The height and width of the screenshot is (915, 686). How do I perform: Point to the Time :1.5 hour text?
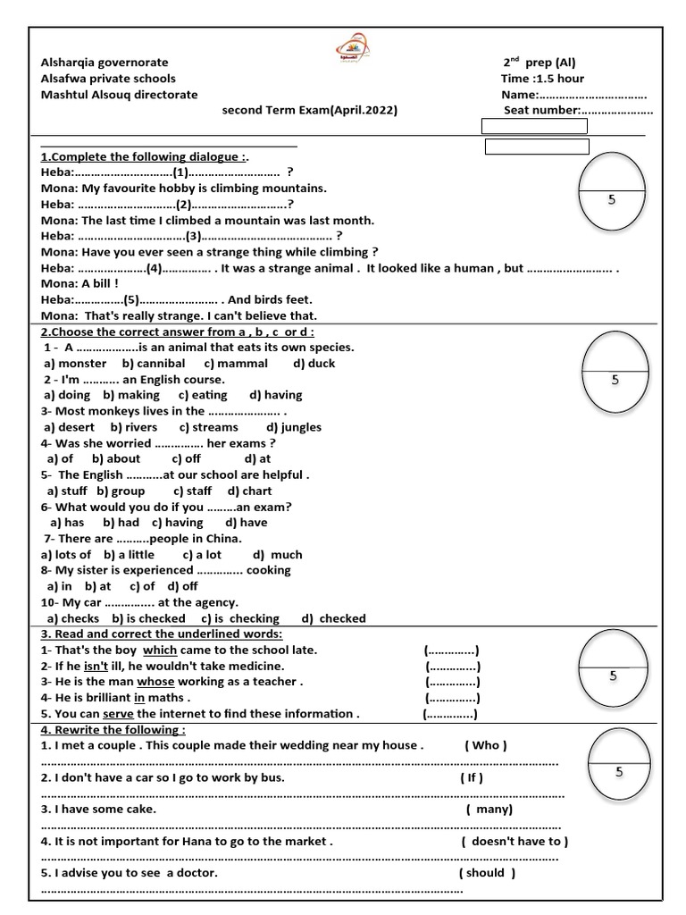(542, 79)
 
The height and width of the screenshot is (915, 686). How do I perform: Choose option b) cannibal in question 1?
(154, 364)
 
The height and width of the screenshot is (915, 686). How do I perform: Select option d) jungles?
(294, 427)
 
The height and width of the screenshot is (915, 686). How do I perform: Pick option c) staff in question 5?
(192, 491)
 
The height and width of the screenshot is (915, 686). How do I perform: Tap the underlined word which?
(160, 650)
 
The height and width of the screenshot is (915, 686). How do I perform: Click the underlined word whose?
(155, 682)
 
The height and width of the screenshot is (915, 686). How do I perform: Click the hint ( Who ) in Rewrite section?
(486, 745)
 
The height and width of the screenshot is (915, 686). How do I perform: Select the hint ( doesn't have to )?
(514, 841)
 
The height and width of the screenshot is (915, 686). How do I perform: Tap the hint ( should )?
(487, 873)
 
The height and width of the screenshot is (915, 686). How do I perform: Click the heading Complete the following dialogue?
(132, 156)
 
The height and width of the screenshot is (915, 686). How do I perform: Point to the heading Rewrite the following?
(113, 729)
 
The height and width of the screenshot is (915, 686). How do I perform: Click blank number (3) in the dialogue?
(194, 236)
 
